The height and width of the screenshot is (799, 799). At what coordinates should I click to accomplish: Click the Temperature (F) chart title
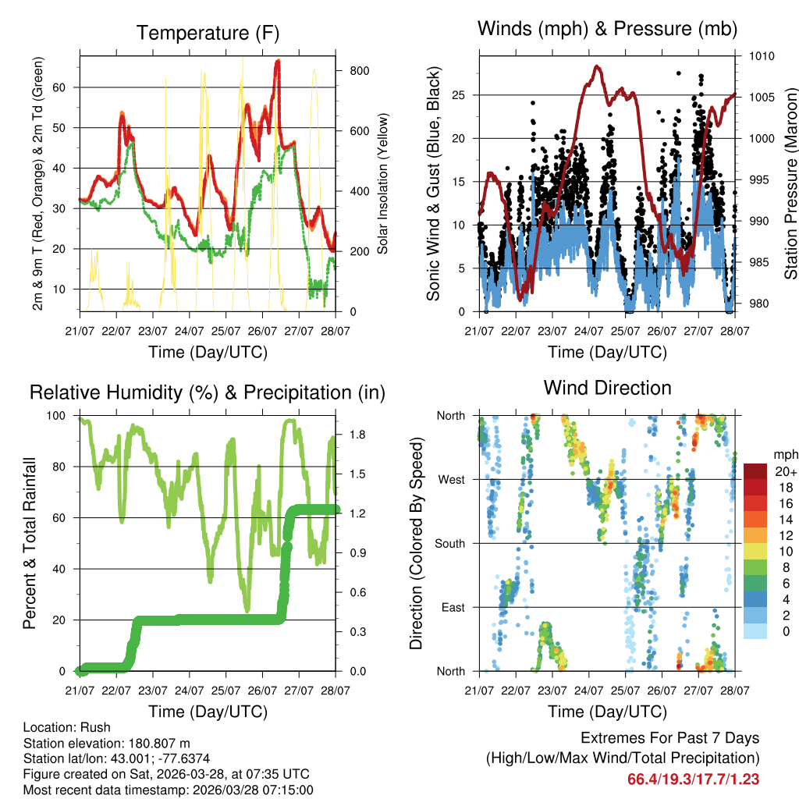point(207,33)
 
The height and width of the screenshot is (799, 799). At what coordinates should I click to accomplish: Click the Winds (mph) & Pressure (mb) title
point(607,29)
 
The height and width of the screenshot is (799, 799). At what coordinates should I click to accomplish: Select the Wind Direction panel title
point(607,387)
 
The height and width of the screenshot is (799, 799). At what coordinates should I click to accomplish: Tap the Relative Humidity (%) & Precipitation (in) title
point(207,392)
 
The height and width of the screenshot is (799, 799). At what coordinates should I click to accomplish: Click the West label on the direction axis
point(451,479)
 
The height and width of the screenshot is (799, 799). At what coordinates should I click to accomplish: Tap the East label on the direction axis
point(452,607)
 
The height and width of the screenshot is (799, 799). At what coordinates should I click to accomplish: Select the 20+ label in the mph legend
point(781,472)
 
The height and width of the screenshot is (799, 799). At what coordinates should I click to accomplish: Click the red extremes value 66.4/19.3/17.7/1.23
point(693,779)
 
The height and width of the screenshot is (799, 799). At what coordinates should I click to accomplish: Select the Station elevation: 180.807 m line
point(107,743)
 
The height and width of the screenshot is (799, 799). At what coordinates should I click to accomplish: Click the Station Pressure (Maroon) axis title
point(790,183)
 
